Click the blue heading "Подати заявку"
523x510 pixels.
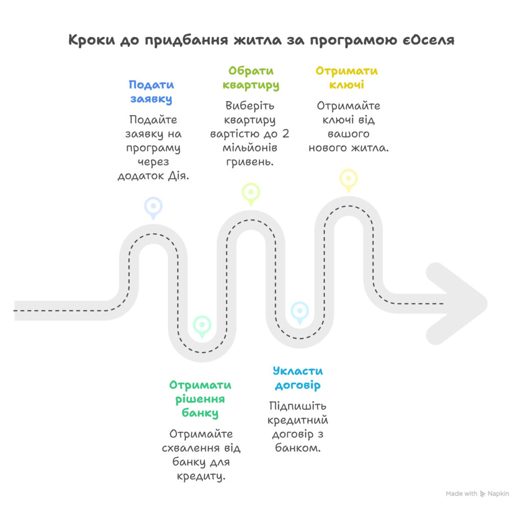coord(151,92)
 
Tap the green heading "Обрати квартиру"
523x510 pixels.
coord(251,78)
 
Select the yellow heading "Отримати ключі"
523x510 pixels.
coord(347,78)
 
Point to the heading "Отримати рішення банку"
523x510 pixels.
coord(200,398)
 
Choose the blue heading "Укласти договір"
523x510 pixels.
coord(298,378)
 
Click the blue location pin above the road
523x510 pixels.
coord(153,207)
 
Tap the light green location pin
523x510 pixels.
coord(251,193)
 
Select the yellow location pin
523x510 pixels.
coord(348,179)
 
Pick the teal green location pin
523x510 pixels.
coord(202,325)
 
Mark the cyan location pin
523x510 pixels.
coord(299,311)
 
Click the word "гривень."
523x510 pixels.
coord(251,162)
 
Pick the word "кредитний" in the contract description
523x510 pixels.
coord(299,420)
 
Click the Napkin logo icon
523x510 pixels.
coord(483,494)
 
